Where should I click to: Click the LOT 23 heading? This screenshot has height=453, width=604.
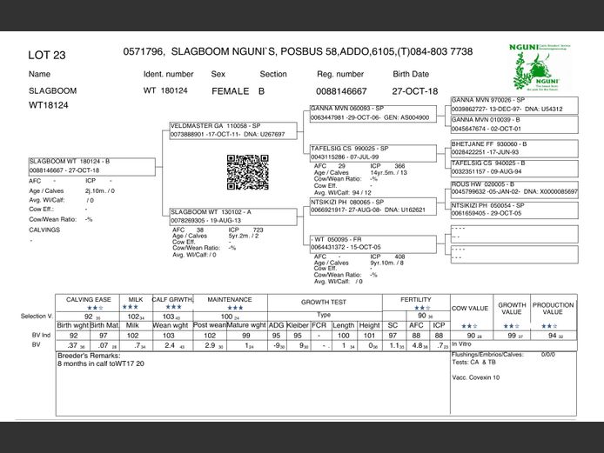pos(47,55)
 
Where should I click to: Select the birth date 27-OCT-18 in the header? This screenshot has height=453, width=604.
pos(416,90)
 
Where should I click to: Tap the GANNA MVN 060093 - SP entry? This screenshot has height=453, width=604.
pos(349,109)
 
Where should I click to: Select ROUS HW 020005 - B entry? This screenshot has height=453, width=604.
pos(483,184)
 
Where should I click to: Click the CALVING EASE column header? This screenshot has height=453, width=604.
pos(88,299)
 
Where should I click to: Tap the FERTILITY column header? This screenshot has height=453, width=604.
pos(416,299)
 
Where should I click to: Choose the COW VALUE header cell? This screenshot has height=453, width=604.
pos(470,308)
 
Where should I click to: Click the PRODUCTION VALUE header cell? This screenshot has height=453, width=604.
pos(553,308)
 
